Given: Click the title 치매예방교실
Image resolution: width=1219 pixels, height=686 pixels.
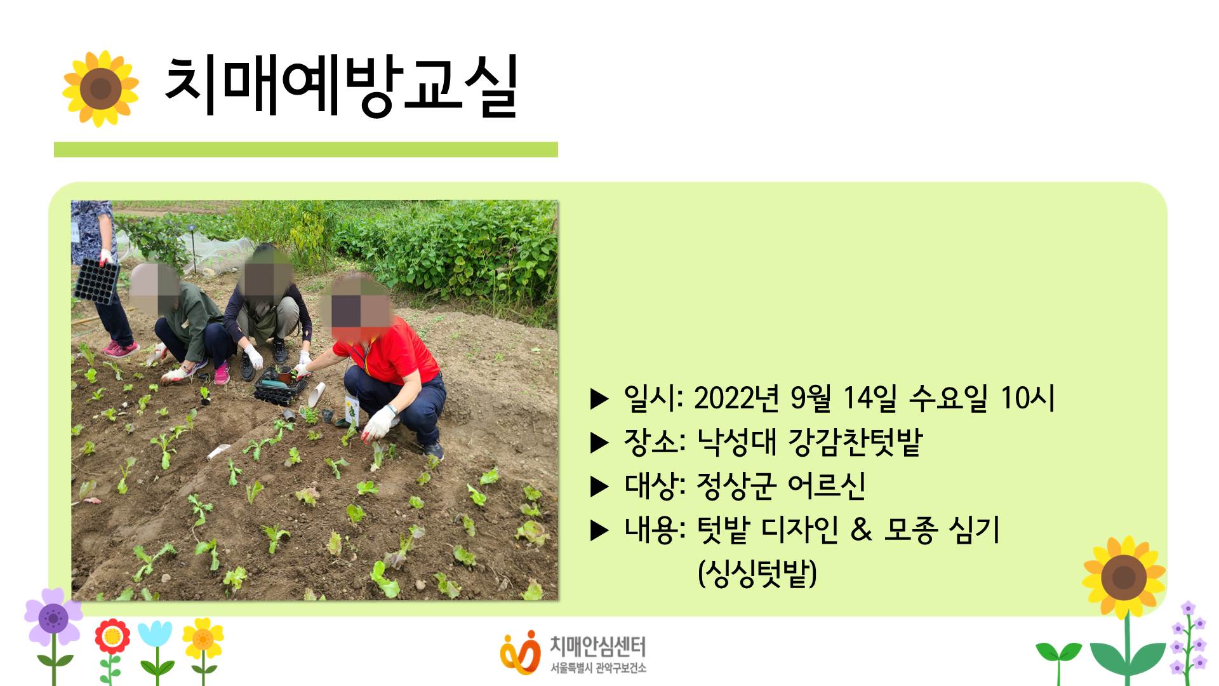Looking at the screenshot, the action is coord(342,86).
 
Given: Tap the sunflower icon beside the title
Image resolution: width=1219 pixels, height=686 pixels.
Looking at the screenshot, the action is coord(100,88).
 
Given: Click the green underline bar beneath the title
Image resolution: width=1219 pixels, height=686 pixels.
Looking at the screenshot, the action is coord(306,149).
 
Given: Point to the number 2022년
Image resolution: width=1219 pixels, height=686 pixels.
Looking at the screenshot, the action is coord(736,398).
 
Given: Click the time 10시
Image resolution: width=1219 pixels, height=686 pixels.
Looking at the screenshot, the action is coord(1027,398).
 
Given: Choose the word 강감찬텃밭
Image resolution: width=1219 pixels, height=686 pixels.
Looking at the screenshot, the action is coord(855,442).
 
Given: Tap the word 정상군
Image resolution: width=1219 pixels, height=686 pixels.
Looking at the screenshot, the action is coord(736,486).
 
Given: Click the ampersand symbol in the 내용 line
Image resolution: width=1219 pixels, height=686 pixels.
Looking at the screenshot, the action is coord(861,529).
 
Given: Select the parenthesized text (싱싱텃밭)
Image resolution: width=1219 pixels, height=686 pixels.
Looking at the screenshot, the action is coord(757,574).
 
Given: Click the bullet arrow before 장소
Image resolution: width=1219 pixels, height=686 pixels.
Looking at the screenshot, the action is coord(599,443).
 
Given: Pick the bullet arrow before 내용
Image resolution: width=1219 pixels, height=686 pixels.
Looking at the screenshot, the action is coord(599,530).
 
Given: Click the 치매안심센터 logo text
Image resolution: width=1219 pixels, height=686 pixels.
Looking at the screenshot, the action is coord(597,647).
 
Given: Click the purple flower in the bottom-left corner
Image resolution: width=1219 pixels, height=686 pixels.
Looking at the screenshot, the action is coord(53,618).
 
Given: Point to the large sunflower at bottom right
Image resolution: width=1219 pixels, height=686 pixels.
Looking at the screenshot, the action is coord(1124,577).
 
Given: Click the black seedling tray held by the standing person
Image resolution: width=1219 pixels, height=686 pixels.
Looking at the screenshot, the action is coord(97,280).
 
